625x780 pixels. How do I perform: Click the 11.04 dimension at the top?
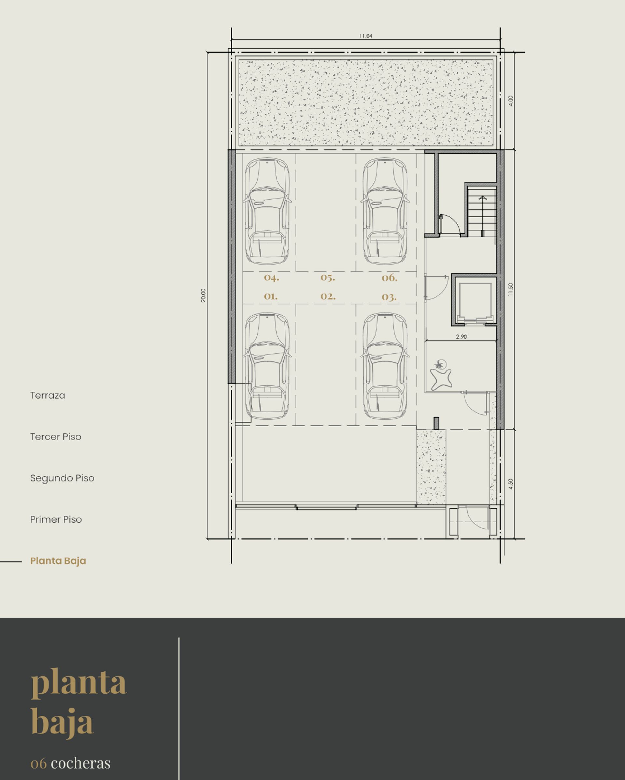(365, 36)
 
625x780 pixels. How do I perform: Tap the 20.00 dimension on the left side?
(203, 295)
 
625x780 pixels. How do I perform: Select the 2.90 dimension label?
(461, 336)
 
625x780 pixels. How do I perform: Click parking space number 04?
(271, 278)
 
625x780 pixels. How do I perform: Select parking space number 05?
(327, 278)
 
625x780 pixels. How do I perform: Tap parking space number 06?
(389, 278)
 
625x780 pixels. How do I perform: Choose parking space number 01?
(271, 296)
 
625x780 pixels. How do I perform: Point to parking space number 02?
(328, 296)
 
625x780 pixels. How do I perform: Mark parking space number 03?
(389, 297)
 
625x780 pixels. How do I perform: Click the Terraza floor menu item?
(48, 396)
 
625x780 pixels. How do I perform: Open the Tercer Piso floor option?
(56, 437)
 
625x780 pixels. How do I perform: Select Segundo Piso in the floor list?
(62, 478)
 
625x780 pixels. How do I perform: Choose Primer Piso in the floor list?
(56, 519)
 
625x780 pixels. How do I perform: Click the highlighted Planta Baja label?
(58, 561)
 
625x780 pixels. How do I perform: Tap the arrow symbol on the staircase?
(482, 198)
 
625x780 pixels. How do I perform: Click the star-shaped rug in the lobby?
(441, 380)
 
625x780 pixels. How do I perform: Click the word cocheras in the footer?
(81, 763)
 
